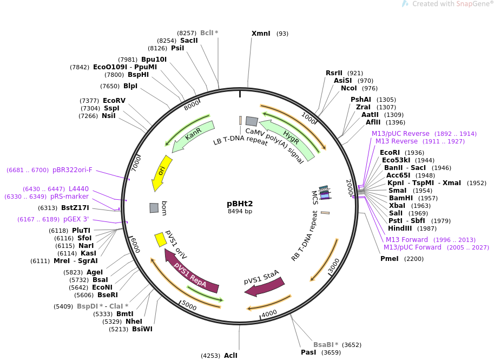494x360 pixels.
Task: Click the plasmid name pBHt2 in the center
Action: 240,204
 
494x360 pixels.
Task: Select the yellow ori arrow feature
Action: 162,173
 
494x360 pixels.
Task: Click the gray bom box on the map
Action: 154,207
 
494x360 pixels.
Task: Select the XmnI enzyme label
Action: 261,34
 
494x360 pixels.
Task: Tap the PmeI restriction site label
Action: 390,259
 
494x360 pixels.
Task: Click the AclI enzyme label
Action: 230,356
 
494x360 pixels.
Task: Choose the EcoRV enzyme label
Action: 114,101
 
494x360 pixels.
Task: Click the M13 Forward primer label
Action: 407,240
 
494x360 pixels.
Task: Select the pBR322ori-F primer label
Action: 72,170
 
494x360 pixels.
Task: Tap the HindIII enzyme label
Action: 400,228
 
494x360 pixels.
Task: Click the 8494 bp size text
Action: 240,212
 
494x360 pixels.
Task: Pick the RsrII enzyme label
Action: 334,73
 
